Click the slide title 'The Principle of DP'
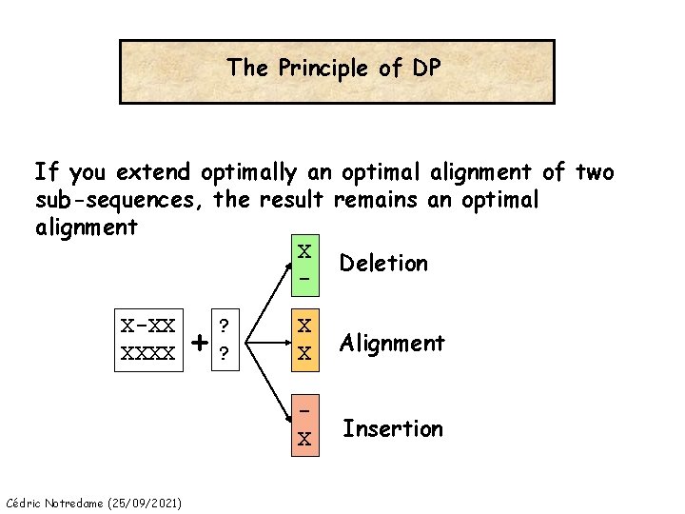point(337,69)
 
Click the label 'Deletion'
point(383,263)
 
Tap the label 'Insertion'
point(393,428)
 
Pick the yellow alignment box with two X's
point(304,339)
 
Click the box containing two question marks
point(224,339)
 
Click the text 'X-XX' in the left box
point(148,326)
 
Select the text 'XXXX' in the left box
point(148,353)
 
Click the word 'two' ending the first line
point(595,173)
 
